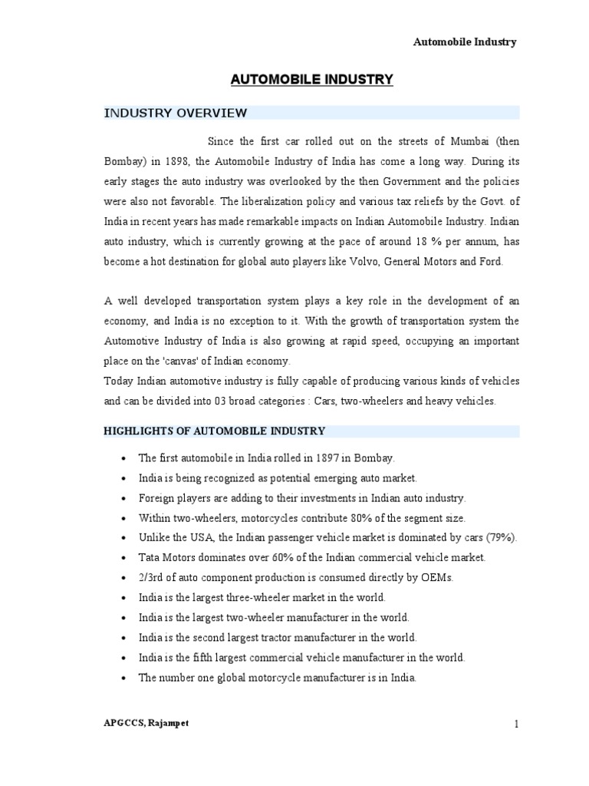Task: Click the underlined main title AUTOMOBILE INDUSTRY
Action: point(311,79)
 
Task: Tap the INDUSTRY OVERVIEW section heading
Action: point(175,114)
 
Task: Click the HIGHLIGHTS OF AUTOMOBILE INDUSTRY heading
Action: point(215,431)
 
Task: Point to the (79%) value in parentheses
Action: point(502,538)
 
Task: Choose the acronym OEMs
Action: point(436,578)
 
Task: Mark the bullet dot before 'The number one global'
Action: point(123,679)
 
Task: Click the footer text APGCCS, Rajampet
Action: point(146,724)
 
